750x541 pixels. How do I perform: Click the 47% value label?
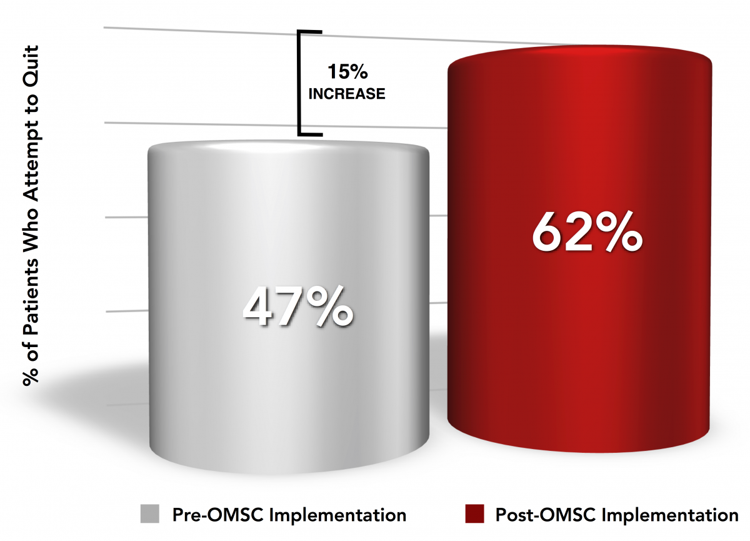(x=298, y=306)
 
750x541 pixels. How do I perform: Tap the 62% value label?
(x=587, y=232)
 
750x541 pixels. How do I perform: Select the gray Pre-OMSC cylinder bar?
(x=289, y=307)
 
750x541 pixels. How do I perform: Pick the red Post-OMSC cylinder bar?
(x=579, y=249)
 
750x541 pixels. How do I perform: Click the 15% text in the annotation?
(x=347, y=71)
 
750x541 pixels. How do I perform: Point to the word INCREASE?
(x=347, y=94)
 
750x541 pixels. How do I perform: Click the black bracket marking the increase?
(x=299, y=83)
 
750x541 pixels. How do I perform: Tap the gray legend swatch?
(x=149, y=514)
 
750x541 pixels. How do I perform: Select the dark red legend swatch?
(x=474, y=514)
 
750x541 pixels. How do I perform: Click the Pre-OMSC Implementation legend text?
(x=289, y=515)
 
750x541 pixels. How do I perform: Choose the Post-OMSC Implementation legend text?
(x=617, y=515)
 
